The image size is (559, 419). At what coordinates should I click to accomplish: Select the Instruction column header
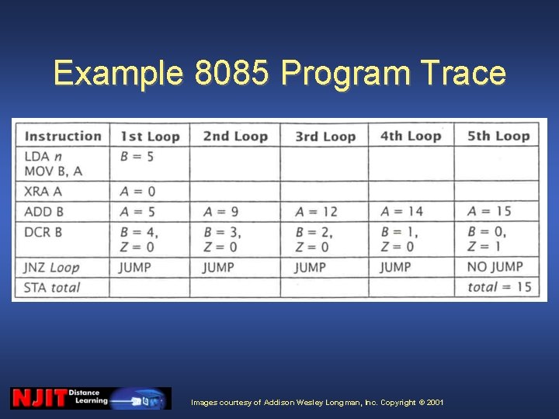[63, 136]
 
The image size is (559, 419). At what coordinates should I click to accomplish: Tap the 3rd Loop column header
[324, 136]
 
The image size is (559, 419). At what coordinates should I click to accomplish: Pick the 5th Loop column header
[498, 136]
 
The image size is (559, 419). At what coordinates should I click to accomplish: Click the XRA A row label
[44, 192]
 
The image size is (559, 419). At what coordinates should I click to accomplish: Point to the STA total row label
[53, 287]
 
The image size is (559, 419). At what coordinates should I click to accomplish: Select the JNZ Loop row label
[52, 267]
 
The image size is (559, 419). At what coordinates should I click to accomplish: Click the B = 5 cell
[137, 156]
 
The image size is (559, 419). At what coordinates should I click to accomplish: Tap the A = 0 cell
[137, 192]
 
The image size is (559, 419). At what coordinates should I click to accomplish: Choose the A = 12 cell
[317, 211]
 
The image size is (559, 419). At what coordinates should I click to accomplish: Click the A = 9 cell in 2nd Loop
[221, 211]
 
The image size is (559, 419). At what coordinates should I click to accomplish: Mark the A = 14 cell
[402, 211]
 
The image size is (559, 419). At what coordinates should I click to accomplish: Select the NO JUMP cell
[495, 267]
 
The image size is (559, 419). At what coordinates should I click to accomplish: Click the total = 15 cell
[499, 287]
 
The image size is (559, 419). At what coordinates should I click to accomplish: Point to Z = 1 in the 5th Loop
[484, 247]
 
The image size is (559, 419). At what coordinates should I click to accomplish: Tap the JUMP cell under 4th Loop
[396, 267]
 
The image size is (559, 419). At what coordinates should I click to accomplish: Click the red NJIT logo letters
[38, 398]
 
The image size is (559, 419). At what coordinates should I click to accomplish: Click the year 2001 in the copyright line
[435, 403]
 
